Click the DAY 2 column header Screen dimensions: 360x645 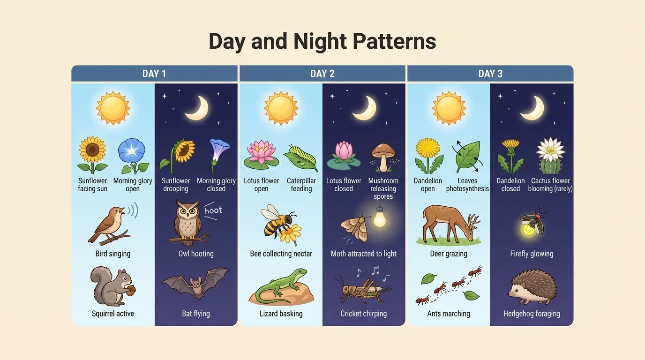pos(322,74)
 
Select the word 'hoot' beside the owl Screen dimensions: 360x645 pos(213,210)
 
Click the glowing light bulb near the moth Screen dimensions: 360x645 pos(379,217)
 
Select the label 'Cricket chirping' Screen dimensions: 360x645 pos(363,314)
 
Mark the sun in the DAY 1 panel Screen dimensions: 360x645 pos(113,108)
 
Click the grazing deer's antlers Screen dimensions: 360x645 pos(474,220)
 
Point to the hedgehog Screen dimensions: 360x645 pos(532,287)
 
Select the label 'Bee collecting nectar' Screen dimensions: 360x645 pos(281,254)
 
